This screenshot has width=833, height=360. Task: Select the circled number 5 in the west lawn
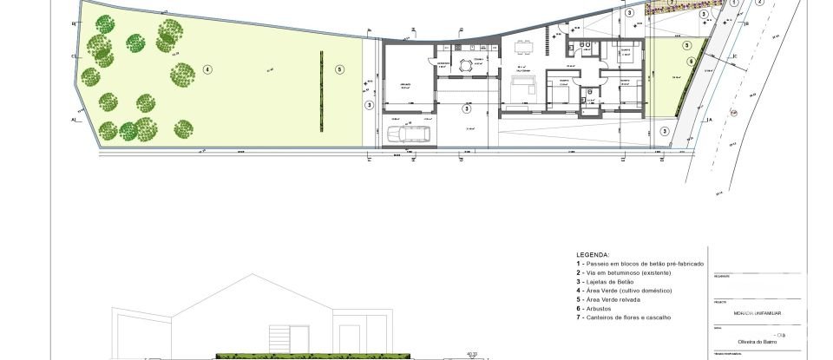click(339, 69)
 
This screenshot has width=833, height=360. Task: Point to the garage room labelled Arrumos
click(404, 85)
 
